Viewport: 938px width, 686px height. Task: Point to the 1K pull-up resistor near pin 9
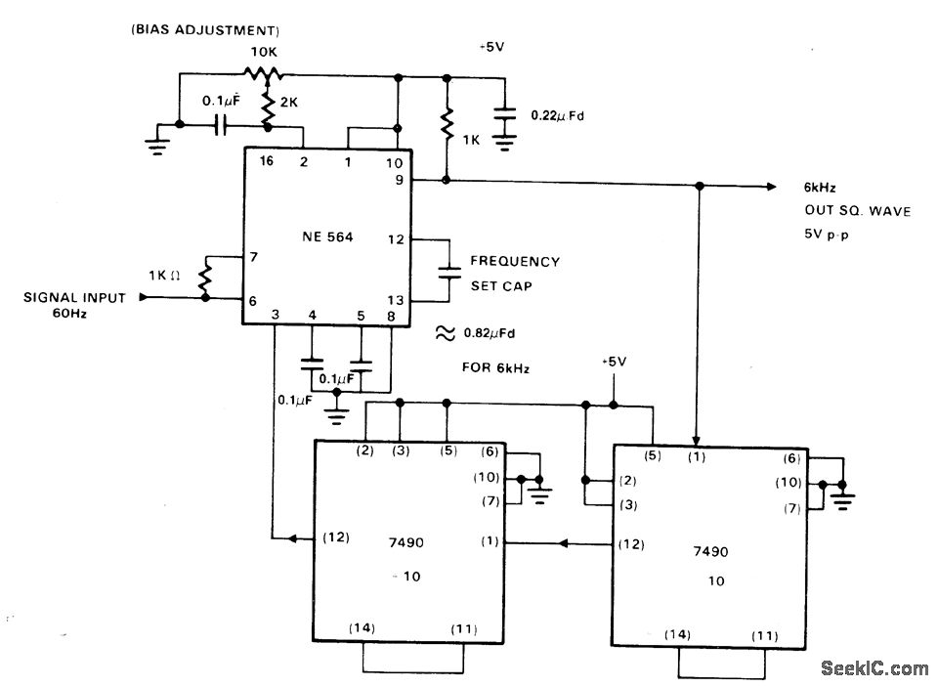(x=447, y=124)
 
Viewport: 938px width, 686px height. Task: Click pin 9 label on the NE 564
(x=400, y=180)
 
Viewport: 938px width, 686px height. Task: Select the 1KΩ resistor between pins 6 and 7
(x=205, y=279)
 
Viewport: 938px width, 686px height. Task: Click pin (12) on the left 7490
(x=334, y=537)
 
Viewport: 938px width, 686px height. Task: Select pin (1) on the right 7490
(x=696, y=457)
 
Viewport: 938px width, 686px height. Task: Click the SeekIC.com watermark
(x=874, y=668)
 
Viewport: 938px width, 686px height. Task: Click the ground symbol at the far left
(x=155, y=145)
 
